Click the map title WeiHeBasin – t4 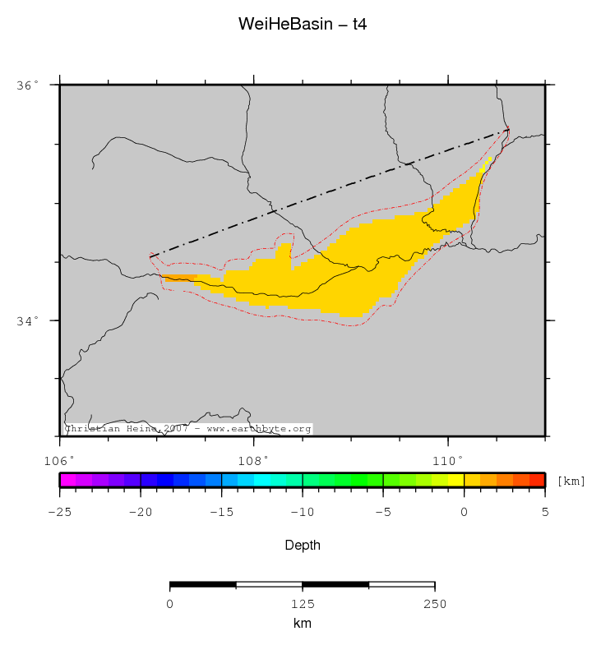[302, 24]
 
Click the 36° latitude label [28, 85]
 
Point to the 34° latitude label [28, 320]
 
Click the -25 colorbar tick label [59, 511]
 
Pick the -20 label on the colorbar [140, 511]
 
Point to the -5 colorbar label [382, 511]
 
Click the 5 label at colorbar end [545, 511]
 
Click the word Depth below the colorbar [302, 545]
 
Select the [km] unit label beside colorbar [571, 481]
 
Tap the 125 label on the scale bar [302, 605]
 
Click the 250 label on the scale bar [434, 605]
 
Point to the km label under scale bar [302, 624]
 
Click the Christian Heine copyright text [187, 429]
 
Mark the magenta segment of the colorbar [67, 480]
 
